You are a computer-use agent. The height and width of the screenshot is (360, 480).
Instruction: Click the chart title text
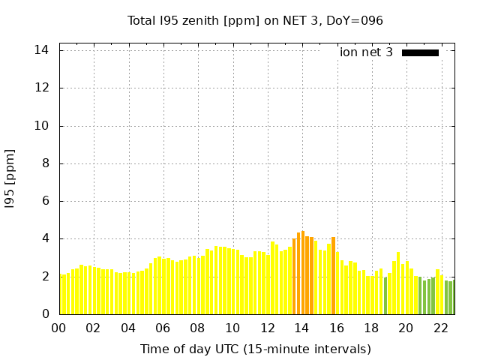click(x=255, y=20)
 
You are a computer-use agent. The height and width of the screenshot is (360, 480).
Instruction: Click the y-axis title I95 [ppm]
click(x=10, y=178)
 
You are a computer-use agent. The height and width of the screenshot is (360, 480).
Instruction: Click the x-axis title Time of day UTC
click(x=255, y=349)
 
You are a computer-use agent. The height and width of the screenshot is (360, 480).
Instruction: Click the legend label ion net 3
click(x=366, y=52)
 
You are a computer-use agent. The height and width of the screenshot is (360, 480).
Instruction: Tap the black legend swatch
click(x=420, y=52)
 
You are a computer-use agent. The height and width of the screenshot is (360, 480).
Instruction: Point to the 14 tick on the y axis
click(x=42, y=50)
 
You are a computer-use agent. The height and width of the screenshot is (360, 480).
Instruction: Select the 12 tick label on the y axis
click(x=42, y=88)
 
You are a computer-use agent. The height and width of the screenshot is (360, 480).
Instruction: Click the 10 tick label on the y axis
click(x=42, y=125)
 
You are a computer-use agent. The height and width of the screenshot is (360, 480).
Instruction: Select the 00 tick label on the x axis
click(x=58, y=328)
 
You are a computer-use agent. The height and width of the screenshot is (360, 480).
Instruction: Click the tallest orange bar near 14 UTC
click(x=303, y=273)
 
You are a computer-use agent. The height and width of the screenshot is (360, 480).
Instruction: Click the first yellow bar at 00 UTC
click(x=62, y=295)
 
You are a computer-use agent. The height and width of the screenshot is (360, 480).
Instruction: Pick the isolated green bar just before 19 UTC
click(x=385, y=295)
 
